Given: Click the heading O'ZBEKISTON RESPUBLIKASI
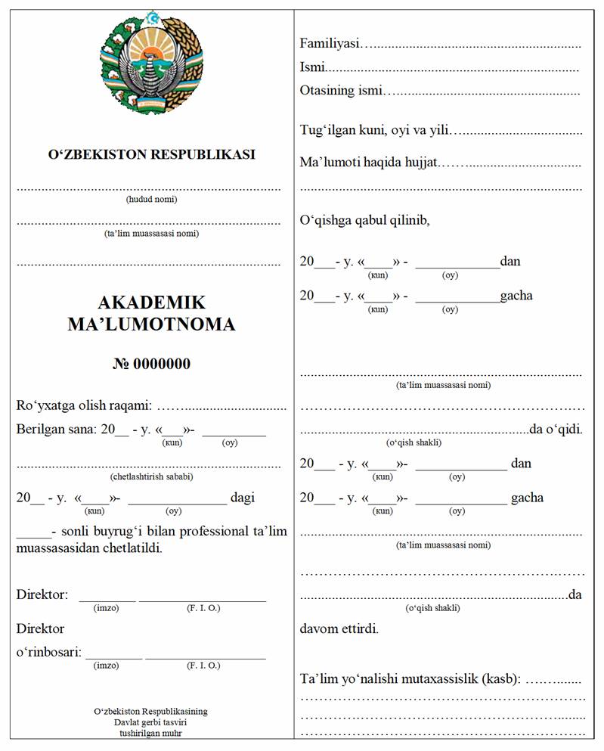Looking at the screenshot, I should (151, 154).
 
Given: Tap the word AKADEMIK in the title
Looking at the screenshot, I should (151, 303).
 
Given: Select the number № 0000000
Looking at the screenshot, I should (151, 364).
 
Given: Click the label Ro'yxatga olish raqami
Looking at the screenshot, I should (85, 406).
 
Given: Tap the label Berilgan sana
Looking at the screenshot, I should (57, 430).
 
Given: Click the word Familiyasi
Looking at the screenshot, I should (329, 43).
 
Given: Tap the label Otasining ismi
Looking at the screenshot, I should (338, 91).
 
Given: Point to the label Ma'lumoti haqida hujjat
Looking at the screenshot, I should (369, 163).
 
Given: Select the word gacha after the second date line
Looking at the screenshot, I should (516, 296).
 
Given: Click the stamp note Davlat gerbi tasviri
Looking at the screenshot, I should (150, 722).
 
